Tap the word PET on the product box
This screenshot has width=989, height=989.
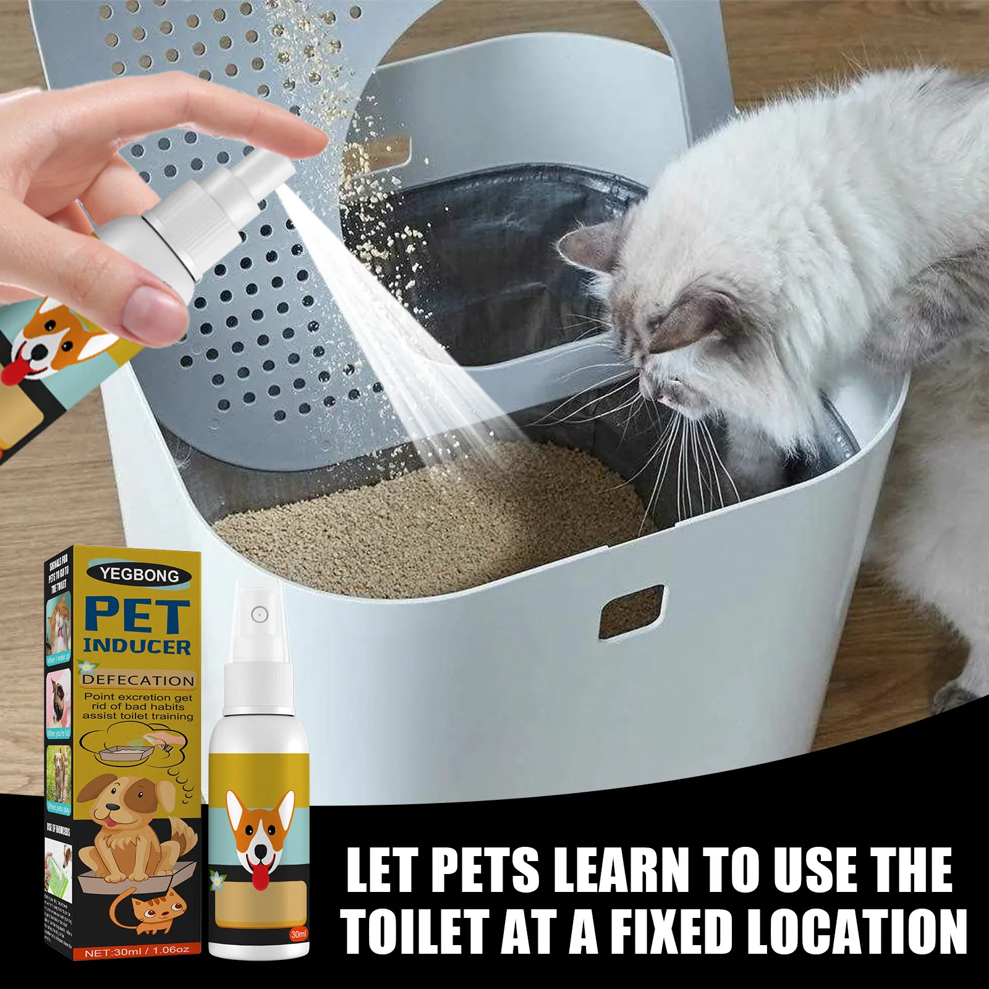tap(138, 616)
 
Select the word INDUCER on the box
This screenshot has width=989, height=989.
tap(137, 647)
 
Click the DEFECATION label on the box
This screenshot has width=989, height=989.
tap(138, 681)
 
